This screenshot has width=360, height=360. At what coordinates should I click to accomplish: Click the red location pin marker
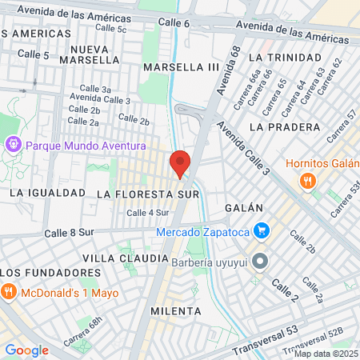(x=180, y=164)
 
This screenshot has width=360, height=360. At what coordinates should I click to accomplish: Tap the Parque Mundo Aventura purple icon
(x=14, y=146)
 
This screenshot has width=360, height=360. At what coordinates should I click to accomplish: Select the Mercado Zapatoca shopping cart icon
(x=261, y=232)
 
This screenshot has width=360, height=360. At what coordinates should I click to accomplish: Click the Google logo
(x=26, y=350)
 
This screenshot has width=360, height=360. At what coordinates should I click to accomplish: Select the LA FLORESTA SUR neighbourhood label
(x=147, y=194)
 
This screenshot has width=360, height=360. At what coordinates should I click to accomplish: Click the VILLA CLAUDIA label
(x=125, y=258)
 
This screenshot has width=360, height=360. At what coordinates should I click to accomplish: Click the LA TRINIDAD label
(x=278, y=58)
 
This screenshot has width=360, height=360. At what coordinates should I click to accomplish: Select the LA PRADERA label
(x=279, y=126)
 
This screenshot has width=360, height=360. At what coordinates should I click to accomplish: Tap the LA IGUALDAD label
(x=47, y=193)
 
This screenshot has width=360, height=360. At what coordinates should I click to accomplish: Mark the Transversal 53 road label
(x=264, y=333)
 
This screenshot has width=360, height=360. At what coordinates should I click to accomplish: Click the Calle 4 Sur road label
(x=147, y=213)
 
